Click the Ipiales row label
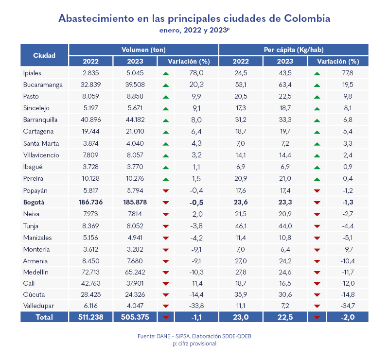point(32,73)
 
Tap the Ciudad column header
point(44,55)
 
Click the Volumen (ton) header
point(143,50)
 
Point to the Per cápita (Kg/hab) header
point(294,50)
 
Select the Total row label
point(44,317)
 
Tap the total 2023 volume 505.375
point(135,317)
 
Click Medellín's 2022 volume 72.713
point(91,272)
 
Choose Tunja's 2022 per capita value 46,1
point(241,226)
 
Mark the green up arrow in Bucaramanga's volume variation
point(166,85)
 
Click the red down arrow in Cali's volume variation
point(166,284)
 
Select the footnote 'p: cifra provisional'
point(194,343)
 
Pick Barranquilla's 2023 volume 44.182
point(135,119)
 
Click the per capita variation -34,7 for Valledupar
point(347,306)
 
